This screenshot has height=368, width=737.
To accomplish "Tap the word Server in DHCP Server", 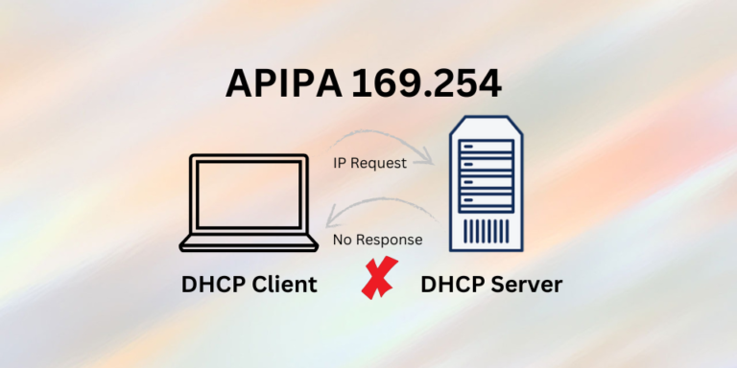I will click(522, 285).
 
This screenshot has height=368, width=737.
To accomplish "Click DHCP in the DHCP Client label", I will click(211, 285).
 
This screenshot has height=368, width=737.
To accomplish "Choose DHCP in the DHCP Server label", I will click(453, 285).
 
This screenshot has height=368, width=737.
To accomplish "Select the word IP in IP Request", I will click(340, 163).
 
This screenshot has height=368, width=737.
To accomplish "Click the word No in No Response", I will click(343, 239).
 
